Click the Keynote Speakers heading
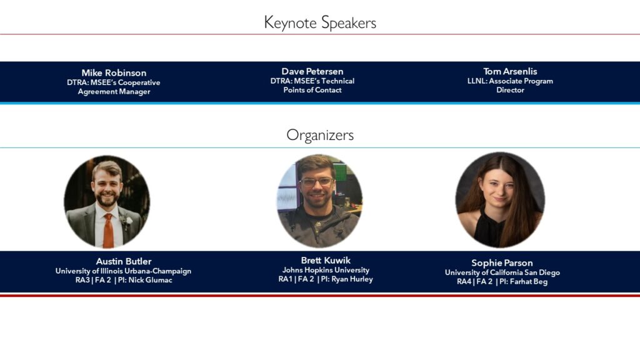(320, 23)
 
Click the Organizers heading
(320, 135)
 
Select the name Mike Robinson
(114, 72)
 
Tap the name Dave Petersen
(312, 71)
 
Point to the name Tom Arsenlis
(510, 71)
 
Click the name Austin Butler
(124, 261)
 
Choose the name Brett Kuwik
(326, 260)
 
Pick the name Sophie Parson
(502, 263)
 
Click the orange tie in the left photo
(108, 230)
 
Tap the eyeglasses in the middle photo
(316, 182)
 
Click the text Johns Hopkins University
(326, 270)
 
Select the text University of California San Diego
(502, 272)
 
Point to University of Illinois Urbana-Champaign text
(123, 271)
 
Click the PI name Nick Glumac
(150, 280)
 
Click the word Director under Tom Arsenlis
(510, 90)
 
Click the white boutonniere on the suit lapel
(128, 221)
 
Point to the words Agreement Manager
(114, 91)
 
